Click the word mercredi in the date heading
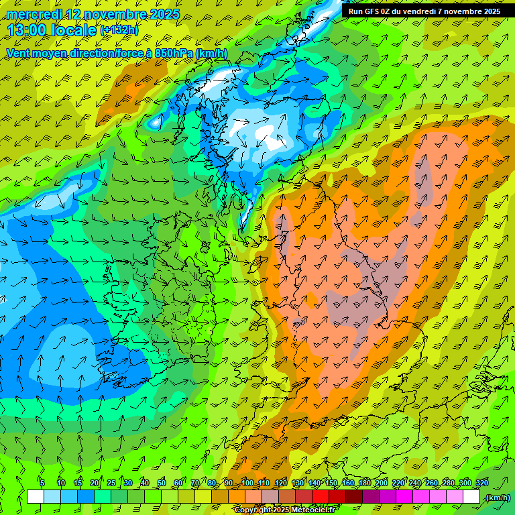tap(34, 14)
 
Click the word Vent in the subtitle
tap(19, 53)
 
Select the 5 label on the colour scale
tap(42, 483)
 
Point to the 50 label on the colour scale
tap(162, 483)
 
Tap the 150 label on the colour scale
tap(331, 483)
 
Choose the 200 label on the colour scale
tap(382, 483)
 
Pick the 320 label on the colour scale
tap(482, 483)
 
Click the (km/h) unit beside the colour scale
tap(498, 498)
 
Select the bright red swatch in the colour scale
tap(322, 497)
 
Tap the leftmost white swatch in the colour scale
tap(36, 497)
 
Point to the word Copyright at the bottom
tap(253, 510)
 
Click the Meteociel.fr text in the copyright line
tap(314, 510)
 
